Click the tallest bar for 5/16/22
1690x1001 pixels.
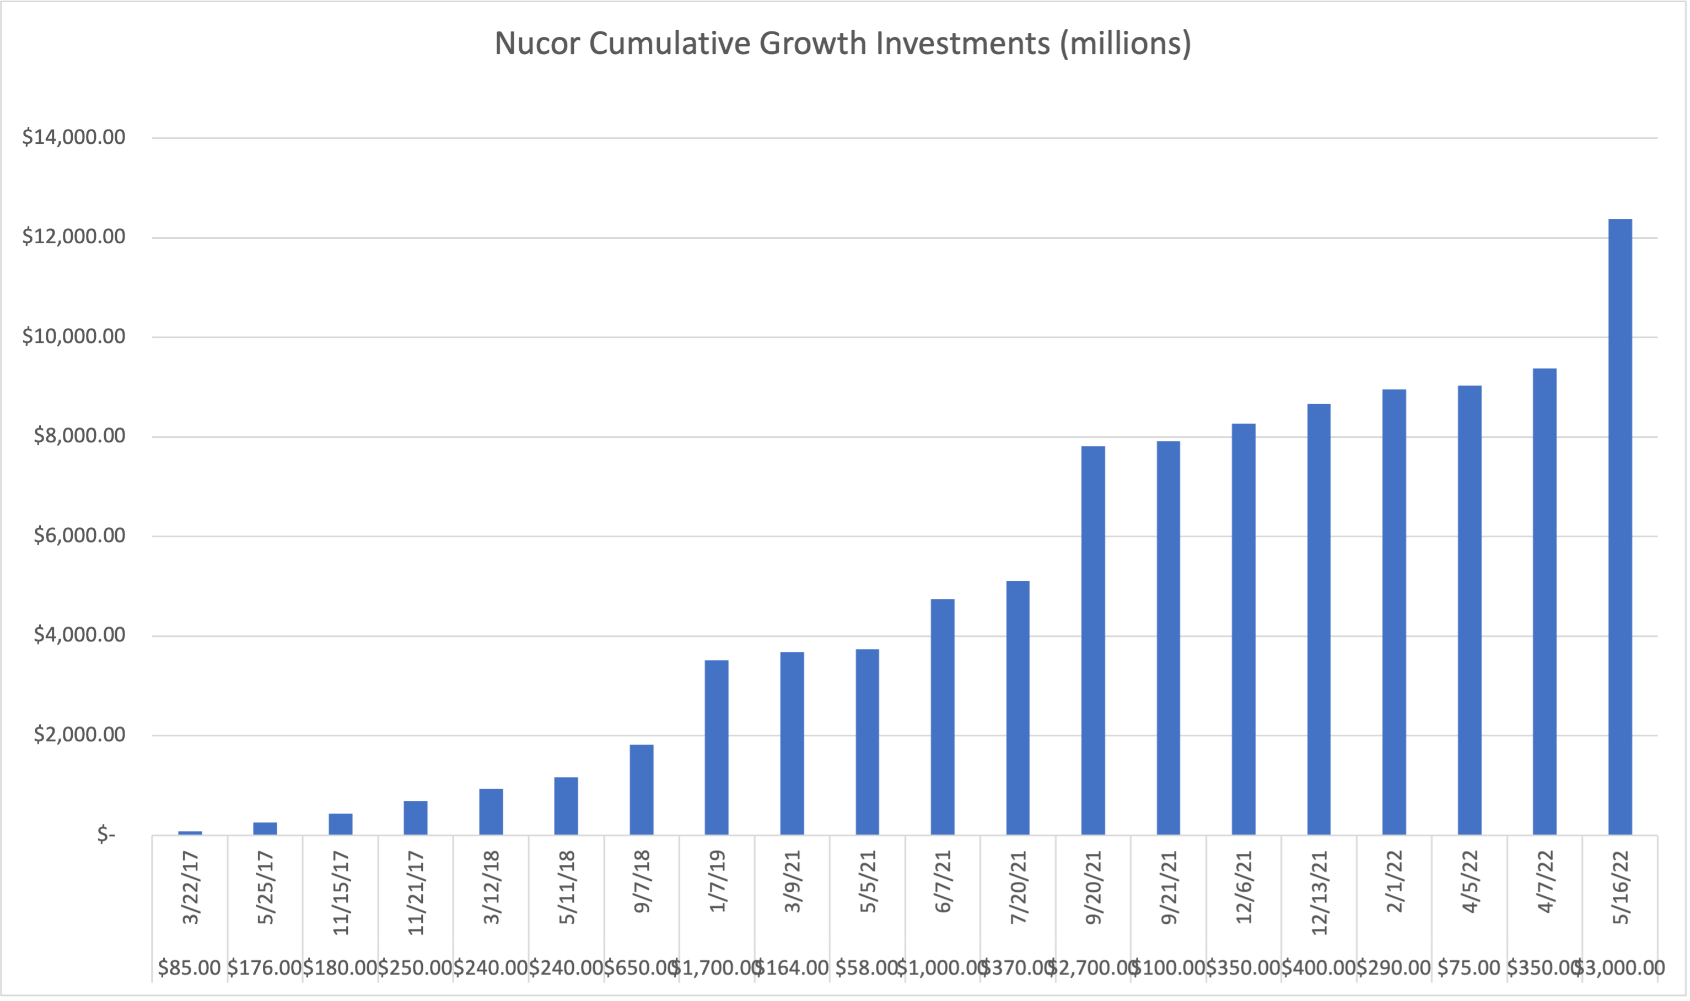point(1620,526)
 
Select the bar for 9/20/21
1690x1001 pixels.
point(1092,640)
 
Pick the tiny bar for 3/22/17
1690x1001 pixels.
point(190,833)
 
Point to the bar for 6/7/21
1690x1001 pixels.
point(943,716)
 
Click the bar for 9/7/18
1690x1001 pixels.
point(641,789)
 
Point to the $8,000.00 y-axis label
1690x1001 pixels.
point(79,436)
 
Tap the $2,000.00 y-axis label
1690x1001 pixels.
point(79,735)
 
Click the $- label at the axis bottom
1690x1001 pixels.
point(106,835)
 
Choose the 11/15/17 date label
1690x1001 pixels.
point(341,892)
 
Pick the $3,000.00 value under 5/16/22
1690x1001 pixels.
point(1619,968)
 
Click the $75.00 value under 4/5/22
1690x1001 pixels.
point(1469,968)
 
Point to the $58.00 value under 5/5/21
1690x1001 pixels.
point(866,968)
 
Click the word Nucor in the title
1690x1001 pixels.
point(536,43)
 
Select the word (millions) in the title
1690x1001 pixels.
point(1125,43)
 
